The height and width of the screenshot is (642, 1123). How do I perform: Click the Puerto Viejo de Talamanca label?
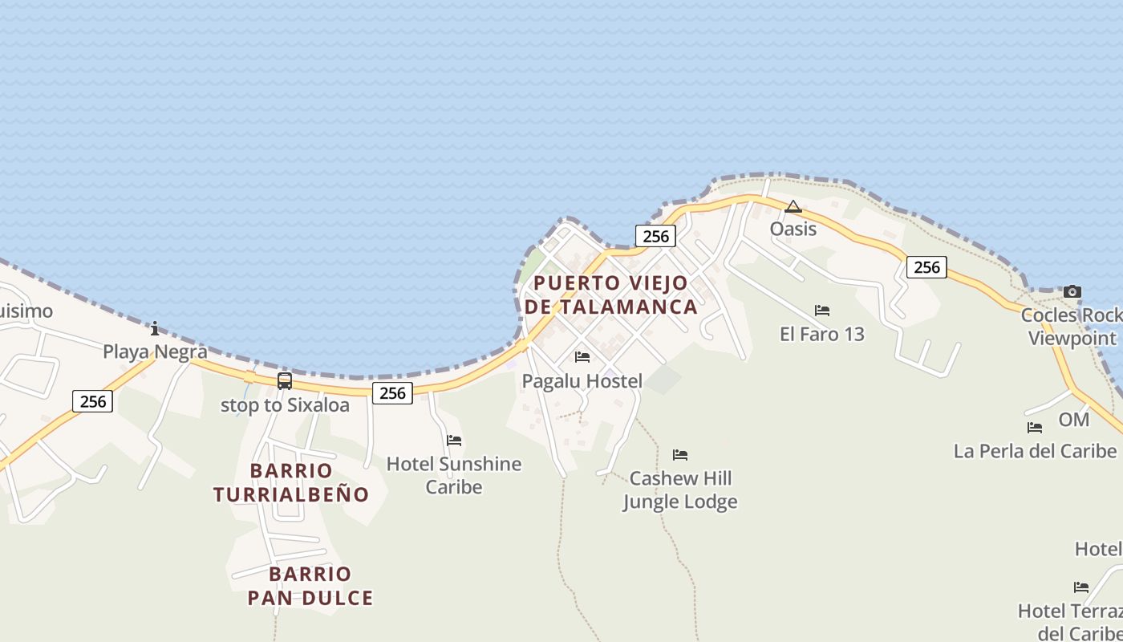point(610,295)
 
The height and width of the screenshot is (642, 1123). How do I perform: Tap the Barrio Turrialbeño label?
point(291,482)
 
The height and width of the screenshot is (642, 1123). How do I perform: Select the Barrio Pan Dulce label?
point(310,586)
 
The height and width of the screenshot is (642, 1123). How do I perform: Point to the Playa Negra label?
point(155,351)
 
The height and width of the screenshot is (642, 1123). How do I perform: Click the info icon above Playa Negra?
point(155,328)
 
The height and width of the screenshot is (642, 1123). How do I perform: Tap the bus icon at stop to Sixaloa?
point(285,381)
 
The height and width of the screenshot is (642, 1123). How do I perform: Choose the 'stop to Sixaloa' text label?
point(285,405)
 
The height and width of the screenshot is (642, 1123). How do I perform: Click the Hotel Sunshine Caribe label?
point(454,475)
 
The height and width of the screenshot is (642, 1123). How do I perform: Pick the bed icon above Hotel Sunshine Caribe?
point(454,441)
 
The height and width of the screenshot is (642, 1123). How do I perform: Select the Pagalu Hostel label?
point(582,381)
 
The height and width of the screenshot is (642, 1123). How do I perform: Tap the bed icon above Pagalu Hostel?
point(582,357)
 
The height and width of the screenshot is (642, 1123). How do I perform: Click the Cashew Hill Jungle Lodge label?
point(680,490)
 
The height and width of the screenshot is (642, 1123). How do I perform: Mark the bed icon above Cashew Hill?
point(680,455)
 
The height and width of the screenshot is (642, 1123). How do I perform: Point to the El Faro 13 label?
point(822,334)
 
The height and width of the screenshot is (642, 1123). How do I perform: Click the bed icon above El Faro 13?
point(822,311)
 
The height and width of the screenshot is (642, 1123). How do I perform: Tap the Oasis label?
point(793,230)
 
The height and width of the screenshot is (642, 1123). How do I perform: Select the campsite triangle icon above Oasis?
point(793,207)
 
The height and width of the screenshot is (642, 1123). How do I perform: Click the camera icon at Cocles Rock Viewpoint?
point(1072,292)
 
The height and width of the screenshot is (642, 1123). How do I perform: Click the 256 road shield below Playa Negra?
point(93,401)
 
